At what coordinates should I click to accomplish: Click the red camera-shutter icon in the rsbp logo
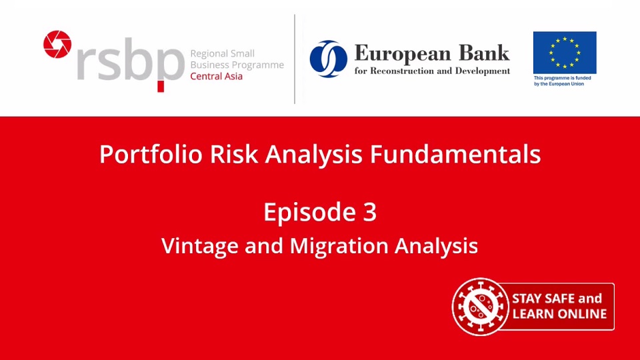pos(57,44)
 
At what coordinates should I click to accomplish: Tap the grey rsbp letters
pos(130,64)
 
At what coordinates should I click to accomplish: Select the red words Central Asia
pos(217,76)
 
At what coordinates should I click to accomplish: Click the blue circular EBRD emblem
pos(328,59)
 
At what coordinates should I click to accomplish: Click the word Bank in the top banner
pos(484,53)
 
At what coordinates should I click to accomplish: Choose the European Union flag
pos(565,53)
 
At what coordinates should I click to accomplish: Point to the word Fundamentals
pos(455,155)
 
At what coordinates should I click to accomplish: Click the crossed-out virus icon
pos(480,306)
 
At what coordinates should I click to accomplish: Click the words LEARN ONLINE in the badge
pos(559,314)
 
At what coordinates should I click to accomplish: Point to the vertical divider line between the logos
pos(295,59)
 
